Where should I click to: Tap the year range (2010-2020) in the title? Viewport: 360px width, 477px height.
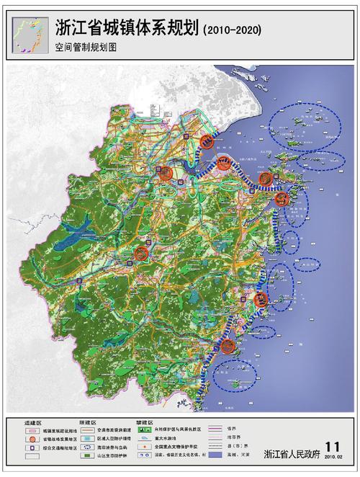[x=232, y=29]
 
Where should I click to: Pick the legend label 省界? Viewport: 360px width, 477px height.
[x=231, y=429]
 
